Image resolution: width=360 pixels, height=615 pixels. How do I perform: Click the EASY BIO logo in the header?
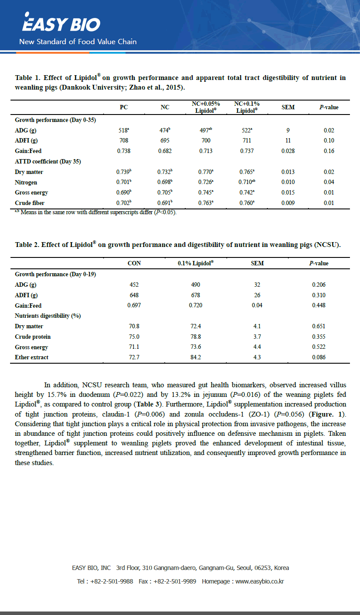(61, 24)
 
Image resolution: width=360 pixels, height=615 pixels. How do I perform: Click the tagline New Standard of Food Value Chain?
(78, 42)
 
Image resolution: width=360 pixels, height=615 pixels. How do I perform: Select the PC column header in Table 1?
(124, 107)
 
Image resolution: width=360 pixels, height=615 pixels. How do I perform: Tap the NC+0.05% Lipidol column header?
(206, 107)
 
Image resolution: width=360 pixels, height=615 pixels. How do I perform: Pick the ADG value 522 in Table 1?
(246, 130)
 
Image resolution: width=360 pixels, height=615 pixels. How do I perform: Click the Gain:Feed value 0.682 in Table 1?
(165, 151)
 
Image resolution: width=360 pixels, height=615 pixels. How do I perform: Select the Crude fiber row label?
(29, 203)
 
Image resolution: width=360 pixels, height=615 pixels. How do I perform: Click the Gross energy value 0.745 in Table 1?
(206, 192)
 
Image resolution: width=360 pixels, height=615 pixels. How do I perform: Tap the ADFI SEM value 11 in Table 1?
(288, 140)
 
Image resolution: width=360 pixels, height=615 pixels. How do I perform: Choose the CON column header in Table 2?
(134, 264)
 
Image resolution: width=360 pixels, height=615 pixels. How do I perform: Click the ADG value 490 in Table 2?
(195, 285)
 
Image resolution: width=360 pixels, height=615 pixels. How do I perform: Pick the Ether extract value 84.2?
(195, 357)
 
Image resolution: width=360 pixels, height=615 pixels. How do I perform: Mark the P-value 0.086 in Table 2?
(318, 357)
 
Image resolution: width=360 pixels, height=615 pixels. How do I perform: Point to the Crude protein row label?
(33, 337)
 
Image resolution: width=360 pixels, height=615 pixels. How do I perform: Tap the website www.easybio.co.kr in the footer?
(260, 581)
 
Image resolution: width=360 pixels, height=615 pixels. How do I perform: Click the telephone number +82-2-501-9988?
(111, 581)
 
